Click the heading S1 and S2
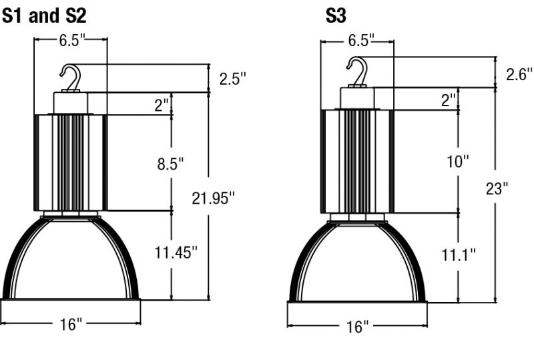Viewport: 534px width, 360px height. click(x=44, y=16)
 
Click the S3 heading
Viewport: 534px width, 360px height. click(x=336, y=16)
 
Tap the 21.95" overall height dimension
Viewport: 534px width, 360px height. click(x=213, y=198)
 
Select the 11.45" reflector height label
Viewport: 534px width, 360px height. click(x=176, y=252)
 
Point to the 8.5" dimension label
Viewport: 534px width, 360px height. click(x=170, y=164)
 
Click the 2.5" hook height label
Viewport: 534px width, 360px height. click(x=232, y=79)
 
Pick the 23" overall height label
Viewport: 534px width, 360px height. click(x=497, y=188)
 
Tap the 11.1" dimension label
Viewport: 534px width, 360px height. click(x=458, y=254)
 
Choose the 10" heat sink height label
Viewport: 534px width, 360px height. click(x=458, y=161)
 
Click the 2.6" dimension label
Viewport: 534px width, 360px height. click(x=519, y=75)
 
